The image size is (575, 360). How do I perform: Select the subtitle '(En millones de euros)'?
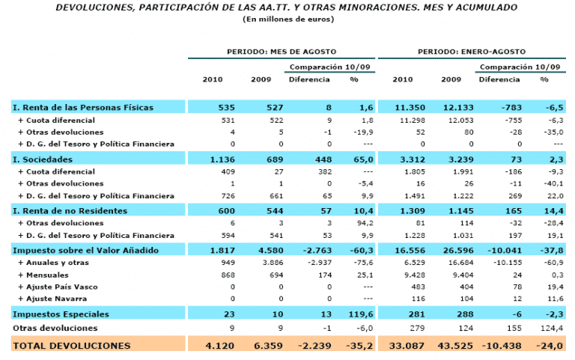point(287,19)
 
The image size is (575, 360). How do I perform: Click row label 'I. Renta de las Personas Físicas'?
point(83,108)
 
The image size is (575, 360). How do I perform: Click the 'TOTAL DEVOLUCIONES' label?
point(72,345)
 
